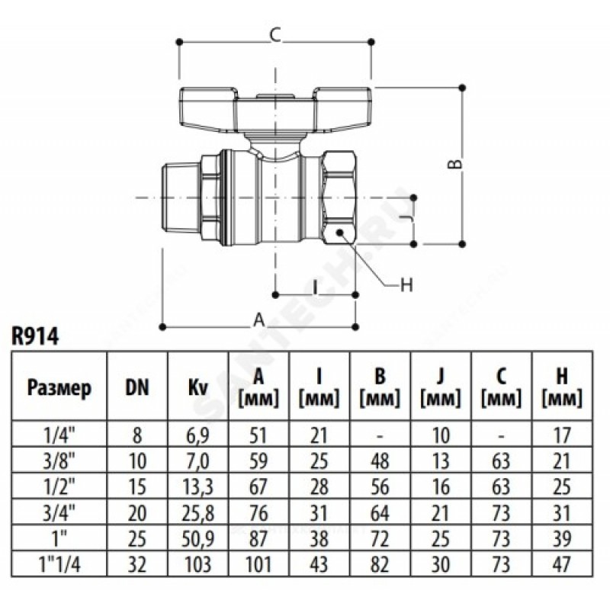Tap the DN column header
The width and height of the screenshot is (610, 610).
136,388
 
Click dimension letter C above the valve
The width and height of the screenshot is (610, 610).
277,34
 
